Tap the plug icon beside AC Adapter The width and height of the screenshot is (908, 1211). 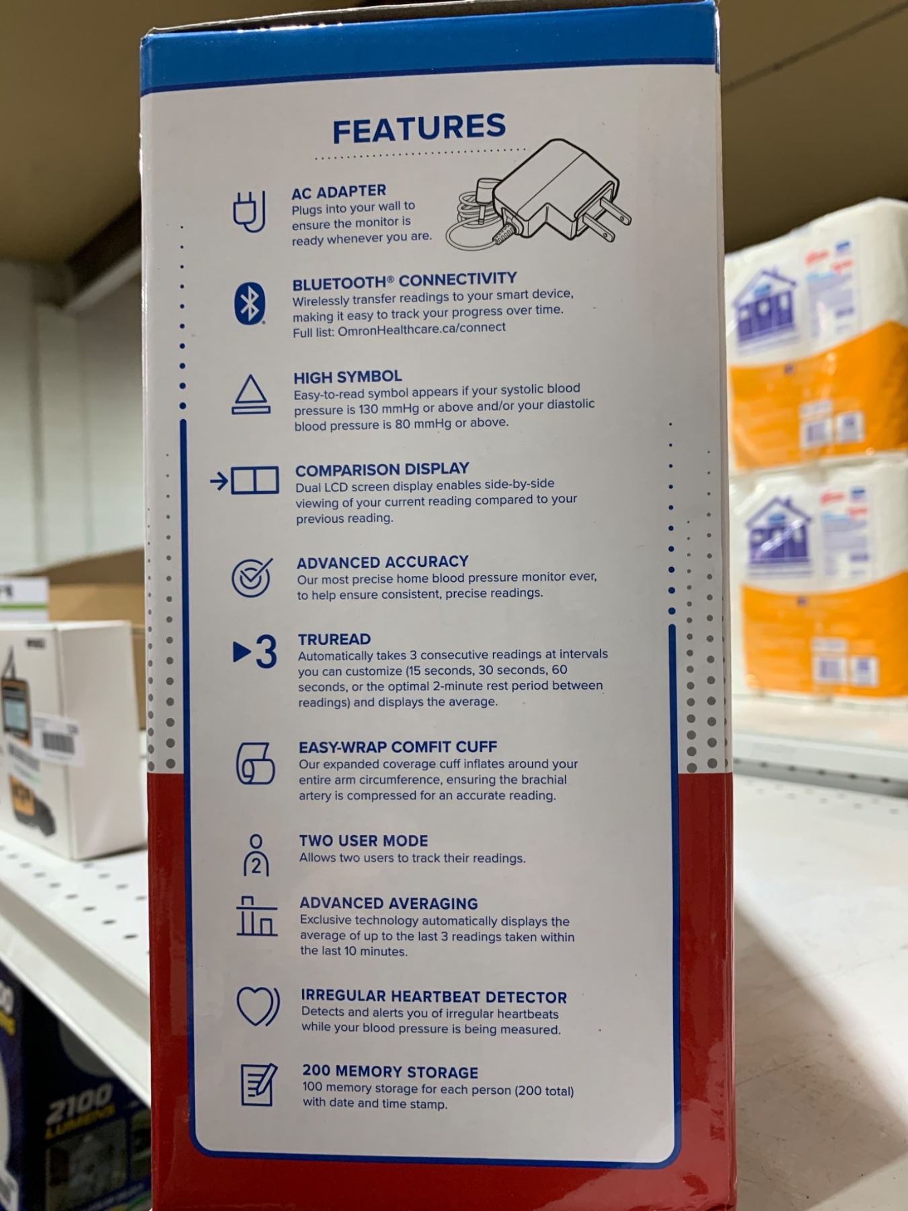point(250,211)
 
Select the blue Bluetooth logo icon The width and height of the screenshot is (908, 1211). point(250,304)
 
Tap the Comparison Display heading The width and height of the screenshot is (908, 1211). point(382,469)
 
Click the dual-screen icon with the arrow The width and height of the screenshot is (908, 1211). point(244,481)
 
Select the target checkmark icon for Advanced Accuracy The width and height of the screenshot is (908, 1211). point(252,577)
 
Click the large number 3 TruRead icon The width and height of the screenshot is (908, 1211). point(256,652)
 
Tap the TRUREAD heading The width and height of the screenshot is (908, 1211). point(334,639)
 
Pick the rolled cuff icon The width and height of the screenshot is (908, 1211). point(256,763)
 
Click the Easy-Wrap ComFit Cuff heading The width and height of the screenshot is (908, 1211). point(398,747)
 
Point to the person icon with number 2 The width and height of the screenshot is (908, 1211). point(256,855)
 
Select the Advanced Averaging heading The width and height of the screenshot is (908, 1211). point(389,904)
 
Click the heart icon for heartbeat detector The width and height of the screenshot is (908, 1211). point(258,1006)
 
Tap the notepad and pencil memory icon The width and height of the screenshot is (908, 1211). point(259,1085)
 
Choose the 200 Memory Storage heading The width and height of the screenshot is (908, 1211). point(390,1072)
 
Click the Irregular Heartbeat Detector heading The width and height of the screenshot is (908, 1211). point(434,997)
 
